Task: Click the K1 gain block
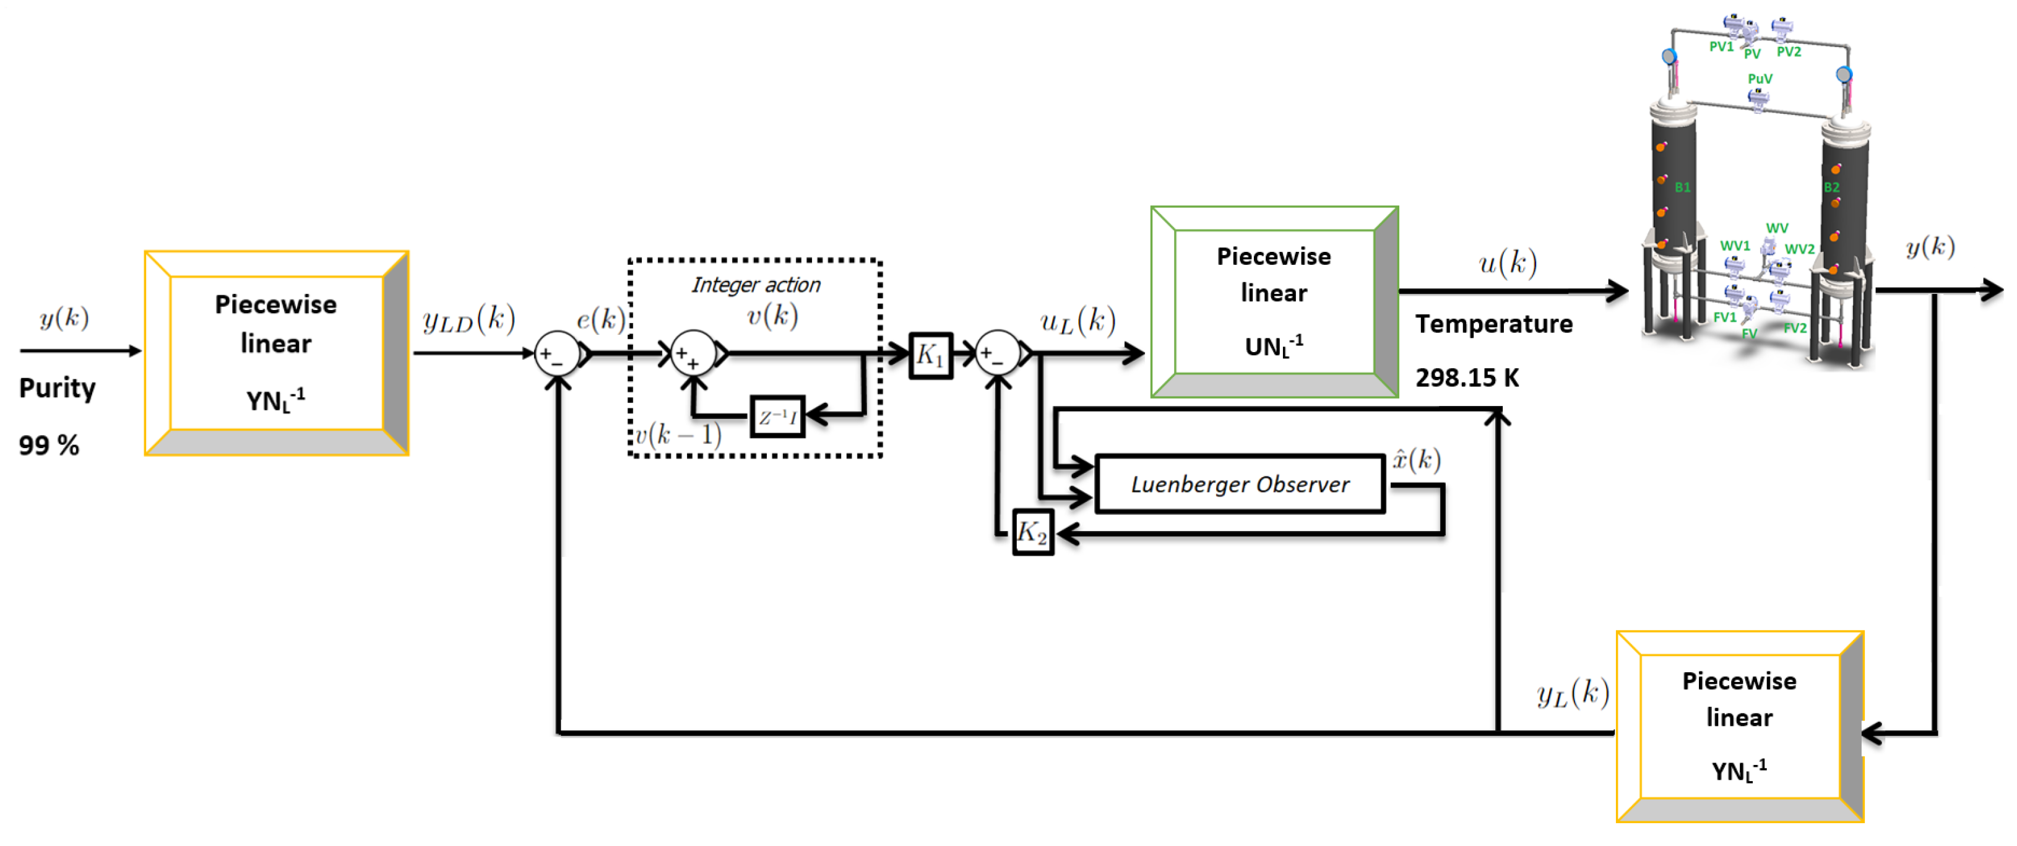pyautogui.click(x=930, y=355)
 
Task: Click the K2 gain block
pyautogui.click(x=1032, y=532)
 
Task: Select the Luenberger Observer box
pyautogui.click(x=1240, y=485)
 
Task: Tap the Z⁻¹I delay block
pyautogui.click(x=777, y=417)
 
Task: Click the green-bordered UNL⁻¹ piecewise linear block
pyautogui.click(x=1274, y=301)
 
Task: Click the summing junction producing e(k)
pyautogui.click(x=557, y=355)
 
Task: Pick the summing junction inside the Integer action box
pyautogui.click(x=693, y=355)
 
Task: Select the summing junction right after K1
pyautogui.click(x=998, y=355)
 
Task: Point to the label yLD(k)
pyautogui.click(x=469, y=319)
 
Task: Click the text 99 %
pyautogui.click(x=48, y=446)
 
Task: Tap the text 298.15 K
pyautogui.click(x=1467, y=378)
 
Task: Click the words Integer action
pyautogui.click(x=756, y=285)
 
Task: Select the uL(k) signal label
pyautogui.click(x=1078, y=321)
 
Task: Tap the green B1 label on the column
pyautogui.click(x=1682, y=188)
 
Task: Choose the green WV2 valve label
pyautogui.click(x=1799, y=249)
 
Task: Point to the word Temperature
pyautogui.click(x=1493, y=324)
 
